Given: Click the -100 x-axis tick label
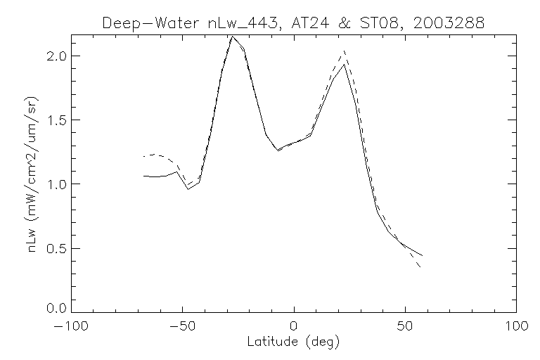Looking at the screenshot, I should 69,326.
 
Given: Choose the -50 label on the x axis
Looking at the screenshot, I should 181,326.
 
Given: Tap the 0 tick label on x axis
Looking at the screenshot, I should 294,326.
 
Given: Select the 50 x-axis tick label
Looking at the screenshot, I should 405,326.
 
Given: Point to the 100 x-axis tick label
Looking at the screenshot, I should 516,326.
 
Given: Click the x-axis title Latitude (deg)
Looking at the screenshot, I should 294,342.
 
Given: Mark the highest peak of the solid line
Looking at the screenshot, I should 232,37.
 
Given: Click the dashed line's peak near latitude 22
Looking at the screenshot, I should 344,51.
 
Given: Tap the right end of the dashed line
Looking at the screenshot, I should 420,267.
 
